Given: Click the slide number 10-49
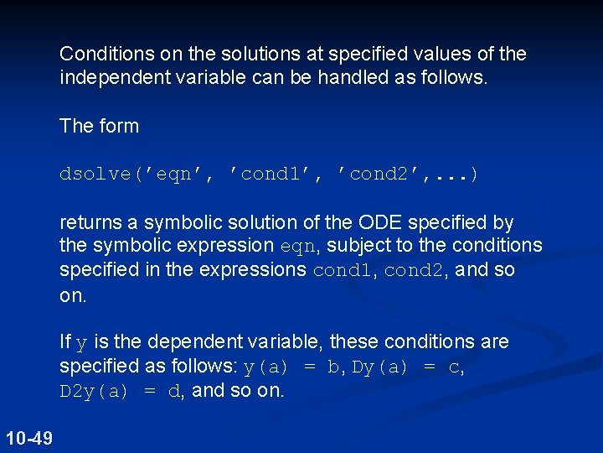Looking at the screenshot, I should [28, 437].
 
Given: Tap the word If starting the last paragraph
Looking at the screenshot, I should [65, 342].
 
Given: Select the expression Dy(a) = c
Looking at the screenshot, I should [408, 367].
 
